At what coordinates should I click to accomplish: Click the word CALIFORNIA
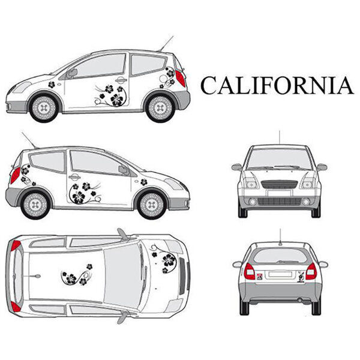pos(277,85)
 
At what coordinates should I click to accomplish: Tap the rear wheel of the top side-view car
pos(160,107)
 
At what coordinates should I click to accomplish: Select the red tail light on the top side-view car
pos(179,78)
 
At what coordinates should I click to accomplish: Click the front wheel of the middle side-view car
pos(151,205)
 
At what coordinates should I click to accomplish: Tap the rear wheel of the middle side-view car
pos(34,205)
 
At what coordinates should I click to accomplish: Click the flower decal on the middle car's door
pos(81,193)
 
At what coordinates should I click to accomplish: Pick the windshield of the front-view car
pos(279,159)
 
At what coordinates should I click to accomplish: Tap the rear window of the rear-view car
pos(280,256)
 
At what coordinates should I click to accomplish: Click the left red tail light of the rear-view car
pos(250,271)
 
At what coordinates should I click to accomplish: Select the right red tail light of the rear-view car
pos(310,271)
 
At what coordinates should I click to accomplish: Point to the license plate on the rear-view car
pos(280,275)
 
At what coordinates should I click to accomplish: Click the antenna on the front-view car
pos(279,137)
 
